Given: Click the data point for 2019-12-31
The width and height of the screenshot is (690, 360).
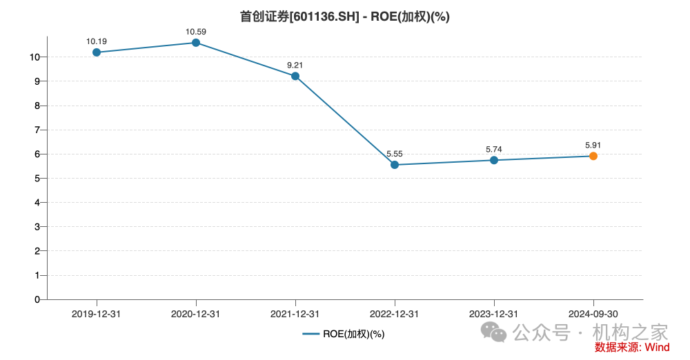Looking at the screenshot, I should click(97, 52).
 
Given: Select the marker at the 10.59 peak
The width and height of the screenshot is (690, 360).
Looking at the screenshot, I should click(196, 43).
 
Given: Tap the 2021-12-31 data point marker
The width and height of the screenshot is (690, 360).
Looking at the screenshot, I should click(295, 76).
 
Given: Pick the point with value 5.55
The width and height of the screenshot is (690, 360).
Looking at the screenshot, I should click(395, 165).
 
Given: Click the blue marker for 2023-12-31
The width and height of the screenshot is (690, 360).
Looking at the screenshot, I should click(494, 160).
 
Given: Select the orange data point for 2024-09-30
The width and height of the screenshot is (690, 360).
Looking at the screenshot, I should click(593, 156).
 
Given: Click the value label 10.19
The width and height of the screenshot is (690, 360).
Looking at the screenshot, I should click(97, 41).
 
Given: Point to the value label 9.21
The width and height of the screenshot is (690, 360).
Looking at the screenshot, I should click(295, 66).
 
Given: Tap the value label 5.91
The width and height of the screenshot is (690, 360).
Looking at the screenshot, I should click(593, 146).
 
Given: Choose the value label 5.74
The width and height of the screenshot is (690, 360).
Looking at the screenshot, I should click(494, 149).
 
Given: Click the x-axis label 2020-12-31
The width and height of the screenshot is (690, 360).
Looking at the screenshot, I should click(196, 314).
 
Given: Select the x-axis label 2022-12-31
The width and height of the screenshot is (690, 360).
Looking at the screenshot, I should click(395, 314).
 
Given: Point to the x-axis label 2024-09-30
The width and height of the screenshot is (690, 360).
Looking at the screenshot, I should click(593, 314).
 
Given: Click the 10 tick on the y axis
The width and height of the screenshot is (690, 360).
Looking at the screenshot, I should click(35, 57).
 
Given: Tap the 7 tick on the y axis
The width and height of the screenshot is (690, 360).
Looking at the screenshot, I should click(37, 130).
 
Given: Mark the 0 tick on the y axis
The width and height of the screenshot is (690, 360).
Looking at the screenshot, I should click(37, 299).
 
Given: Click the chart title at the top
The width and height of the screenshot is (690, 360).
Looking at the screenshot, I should click(345, 17).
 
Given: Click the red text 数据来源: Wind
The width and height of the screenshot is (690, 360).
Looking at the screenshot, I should click(632, 347).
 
